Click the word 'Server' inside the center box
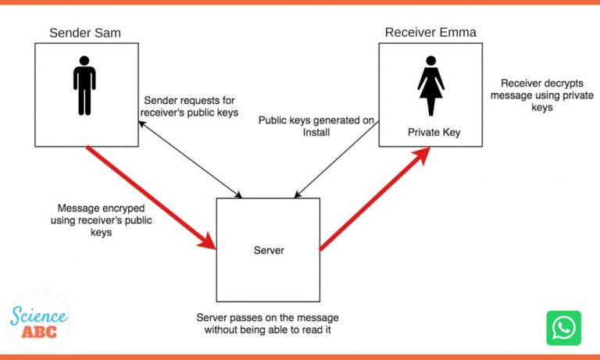[x=268, y=250]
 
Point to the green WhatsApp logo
[x=563, y=328]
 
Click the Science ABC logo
[x=39, y=321]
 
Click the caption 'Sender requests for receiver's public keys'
[x=188, y=107]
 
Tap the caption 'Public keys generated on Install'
[x=317, y=127]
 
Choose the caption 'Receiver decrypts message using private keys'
[x=532, y=95]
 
